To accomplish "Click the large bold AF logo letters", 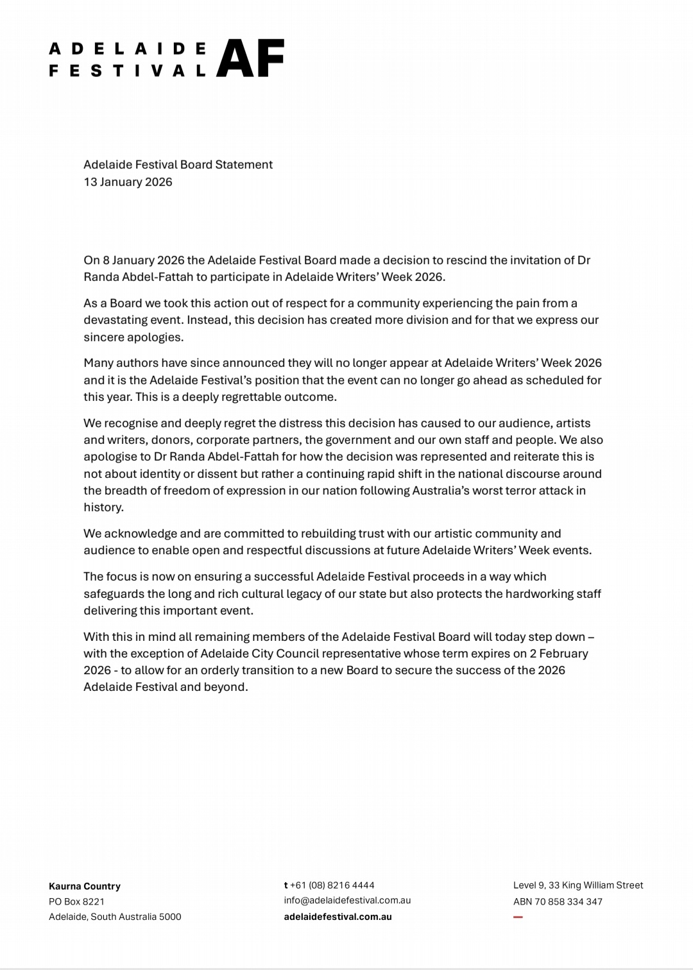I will pyautogui.click(x=250, y=58).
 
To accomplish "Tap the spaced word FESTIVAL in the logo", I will pyautogui.click(x=128, y=71).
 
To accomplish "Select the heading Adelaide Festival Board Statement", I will pyautogui.click(x=178, y=165).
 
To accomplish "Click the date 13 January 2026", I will pyautogui.click(x=128, y=182).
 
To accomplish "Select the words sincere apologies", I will pyautogui.click(x=133, y=337).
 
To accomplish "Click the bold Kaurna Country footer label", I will pyautogui.click(x=85, y=886).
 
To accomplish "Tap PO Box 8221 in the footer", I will pyautogui.click(x=76, y=901).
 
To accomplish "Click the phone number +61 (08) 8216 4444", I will pyautogui.click(x=332, y=885).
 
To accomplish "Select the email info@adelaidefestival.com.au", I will pyautogui.click(x=347, y=901).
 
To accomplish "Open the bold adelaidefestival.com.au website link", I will pyautogui.click(x=338, y=917).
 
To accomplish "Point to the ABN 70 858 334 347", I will pyautogui.click(x=558, y=901).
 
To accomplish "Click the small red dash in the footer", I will pyautogui.click(x=518, y=917).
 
